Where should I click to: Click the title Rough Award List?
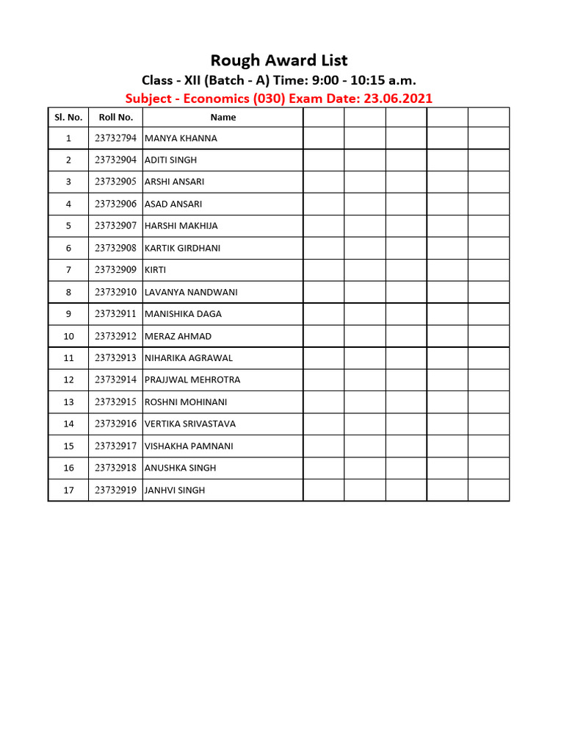point(279,60)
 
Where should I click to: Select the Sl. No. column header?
point(68,117)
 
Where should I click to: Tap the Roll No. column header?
point(115,117)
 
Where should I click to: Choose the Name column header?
point(223,117)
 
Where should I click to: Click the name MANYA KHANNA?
point(181,138)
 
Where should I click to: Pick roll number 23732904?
point(115,160)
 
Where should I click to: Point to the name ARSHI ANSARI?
point(175,182)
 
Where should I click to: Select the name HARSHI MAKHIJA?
point(181,226)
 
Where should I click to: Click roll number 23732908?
point(115,248)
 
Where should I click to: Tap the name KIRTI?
point(156,270)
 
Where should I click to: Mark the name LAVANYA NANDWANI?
point(191,292)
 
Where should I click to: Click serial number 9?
point(68,314)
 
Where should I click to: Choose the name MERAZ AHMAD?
point(178,336)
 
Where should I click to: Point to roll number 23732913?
point(115,358)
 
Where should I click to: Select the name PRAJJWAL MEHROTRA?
point(192,379)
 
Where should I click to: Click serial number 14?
point(68,424)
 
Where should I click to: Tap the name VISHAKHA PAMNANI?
point(189,446)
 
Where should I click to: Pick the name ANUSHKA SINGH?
point(180,468)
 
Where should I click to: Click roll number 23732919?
point(115,490)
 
